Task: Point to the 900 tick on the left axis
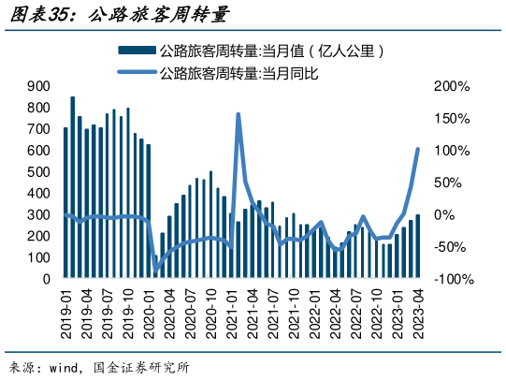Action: (x=38, y=86)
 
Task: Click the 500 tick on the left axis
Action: (x=38, y=172)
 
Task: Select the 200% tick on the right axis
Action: (x=452, y=86)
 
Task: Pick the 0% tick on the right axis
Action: (x=443, y=215)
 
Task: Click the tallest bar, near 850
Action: (x=73, y=187)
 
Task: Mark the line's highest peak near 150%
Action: (x=239, y=114)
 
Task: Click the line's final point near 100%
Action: (x=417, y=150)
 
